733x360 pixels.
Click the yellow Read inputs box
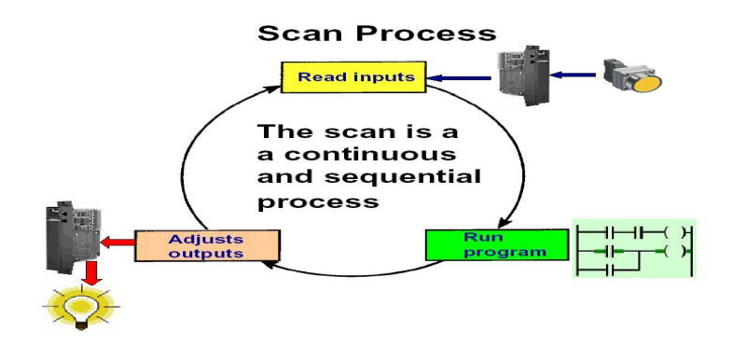click(353, 77)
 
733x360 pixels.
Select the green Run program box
click(497, 244)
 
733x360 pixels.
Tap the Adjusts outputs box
click(207, 246)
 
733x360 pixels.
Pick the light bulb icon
click(82, 308)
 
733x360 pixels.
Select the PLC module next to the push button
click(523, 75)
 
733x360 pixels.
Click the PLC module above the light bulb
click(74, 238)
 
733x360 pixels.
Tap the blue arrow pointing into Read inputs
click(460, 78)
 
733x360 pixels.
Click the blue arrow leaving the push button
click(573, 75)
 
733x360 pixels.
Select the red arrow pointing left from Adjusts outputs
click(118, 242)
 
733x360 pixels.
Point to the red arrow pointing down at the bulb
click(92, 273)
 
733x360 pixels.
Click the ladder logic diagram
click(634, 248)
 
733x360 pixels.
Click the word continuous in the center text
click(356, 154)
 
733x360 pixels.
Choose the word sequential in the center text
click(403, 178)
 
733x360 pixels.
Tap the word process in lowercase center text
click(318, 202)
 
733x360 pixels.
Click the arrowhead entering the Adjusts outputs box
click(269, 265)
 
